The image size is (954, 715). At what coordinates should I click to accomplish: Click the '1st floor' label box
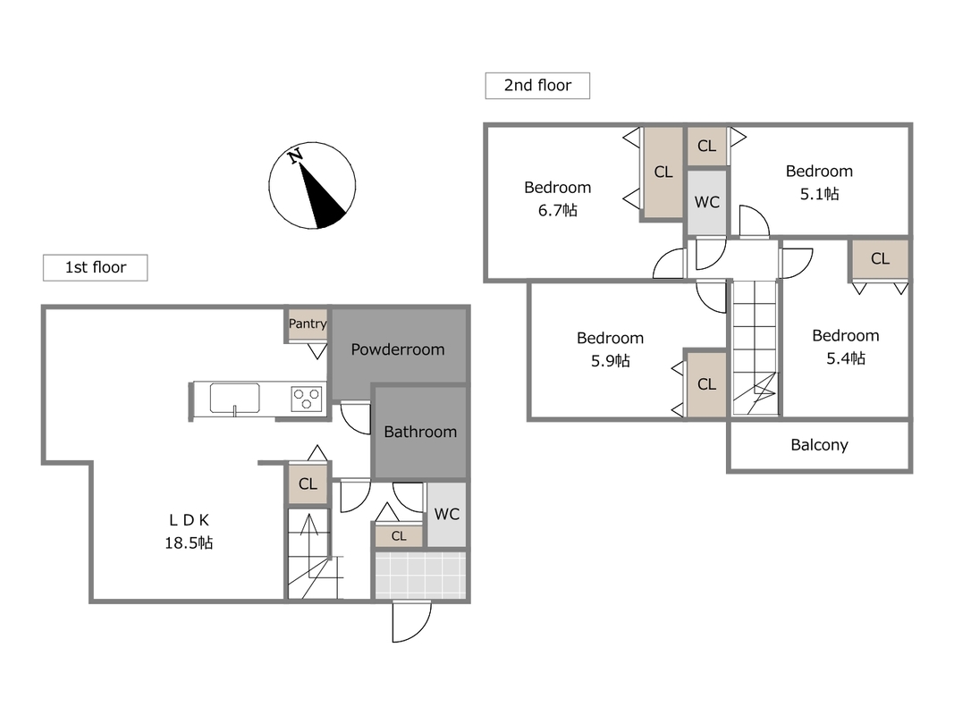coord(95,267)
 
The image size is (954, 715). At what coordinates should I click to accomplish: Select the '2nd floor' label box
coord(537,85)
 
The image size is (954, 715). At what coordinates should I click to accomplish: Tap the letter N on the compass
coord(296,156)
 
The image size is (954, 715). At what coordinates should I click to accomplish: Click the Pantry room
coord(308,324)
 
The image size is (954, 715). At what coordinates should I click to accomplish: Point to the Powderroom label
coord(398,349)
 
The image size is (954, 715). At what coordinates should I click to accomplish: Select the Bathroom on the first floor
coord(420,433)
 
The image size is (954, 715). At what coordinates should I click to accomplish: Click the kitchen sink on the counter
coord(235,399)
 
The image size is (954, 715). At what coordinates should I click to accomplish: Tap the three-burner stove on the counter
coord(307,399)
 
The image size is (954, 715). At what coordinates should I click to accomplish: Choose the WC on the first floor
coord(446,515)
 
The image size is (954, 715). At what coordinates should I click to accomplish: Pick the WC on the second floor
coord(706,203)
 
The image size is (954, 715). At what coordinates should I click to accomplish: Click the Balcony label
coord(819,445)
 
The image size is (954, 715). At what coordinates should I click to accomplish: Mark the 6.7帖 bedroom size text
coord(558,210)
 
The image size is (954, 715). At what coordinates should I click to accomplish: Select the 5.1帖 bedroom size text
coord(820,194)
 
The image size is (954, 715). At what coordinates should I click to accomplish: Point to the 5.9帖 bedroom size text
coord(611,361)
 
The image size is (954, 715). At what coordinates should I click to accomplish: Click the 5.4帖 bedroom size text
coord(846,358)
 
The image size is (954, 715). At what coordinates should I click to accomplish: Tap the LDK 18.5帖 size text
coord(189,543)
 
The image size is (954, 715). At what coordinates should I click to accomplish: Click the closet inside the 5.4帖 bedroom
coord(880,259)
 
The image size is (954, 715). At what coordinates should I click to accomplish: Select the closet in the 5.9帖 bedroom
coord(706,384)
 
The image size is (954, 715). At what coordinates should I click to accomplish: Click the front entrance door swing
coord(412,621)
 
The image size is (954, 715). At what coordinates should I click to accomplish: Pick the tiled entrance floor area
coord(420,575)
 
